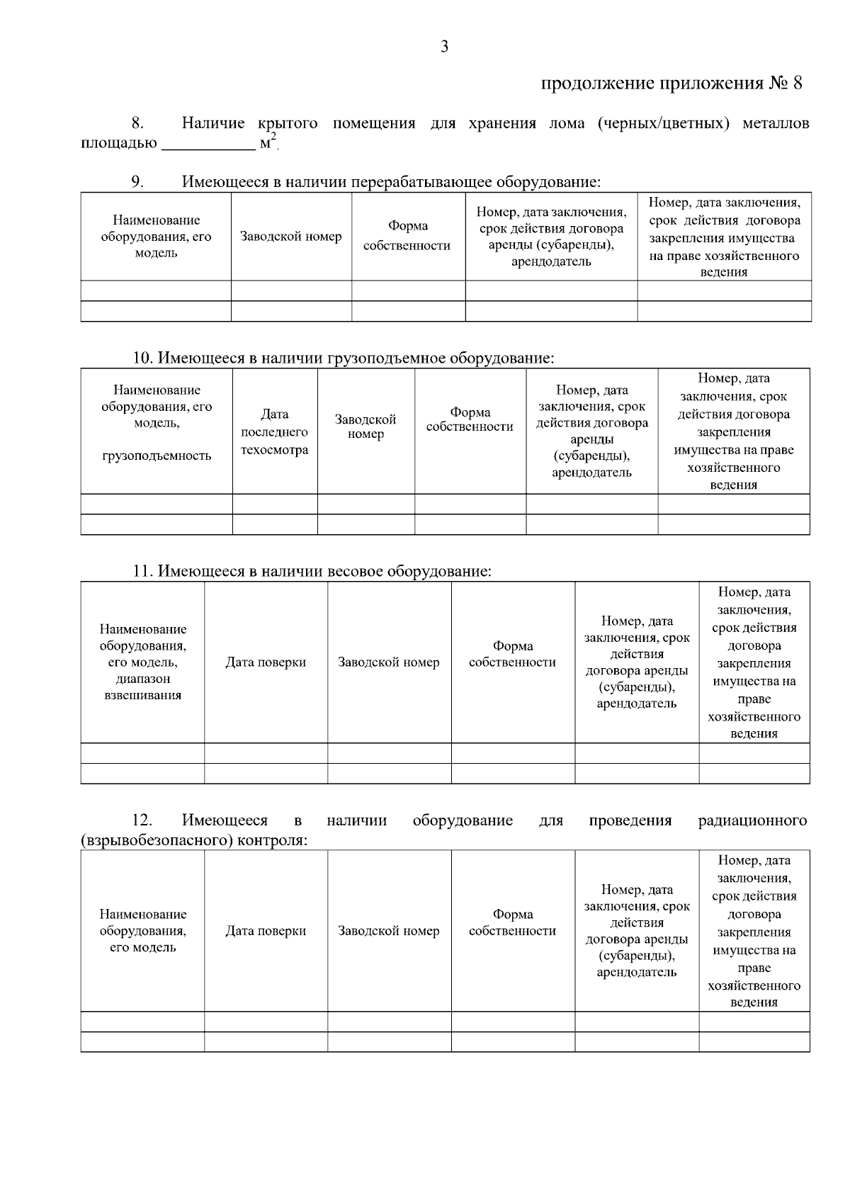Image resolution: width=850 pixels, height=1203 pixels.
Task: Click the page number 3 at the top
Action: coord(444,47)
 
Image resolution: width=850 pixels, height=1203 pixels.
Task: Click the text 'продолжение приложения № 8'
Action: coord(671,84)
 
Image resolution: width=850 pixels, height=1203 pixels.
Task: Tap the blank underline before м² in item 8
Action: coord(208,145)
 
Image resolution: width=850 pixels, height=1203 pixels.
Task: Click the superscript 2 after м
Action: coord(274,137)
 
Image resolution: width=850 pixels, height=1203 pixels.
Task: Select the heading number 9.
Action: coord(137,181)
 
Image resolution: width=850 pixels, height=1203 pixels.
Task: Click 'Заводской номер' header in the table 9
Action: coord(290,237)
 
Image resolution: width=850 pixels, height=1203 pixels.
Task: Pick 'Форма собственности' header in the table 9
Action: coord(407,236)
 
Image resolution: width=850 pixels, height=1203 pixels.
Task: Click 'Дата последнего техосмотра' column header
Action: coord(274,431)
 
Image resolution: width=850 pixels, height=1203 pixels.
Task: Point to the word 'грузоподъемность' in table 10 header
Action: coord(157,456)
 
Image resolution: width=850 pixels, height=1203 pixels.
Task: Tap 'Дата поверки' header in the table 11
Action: coord(266,662)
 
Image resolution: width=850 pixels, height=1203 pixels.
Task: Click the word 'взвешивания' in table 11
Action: coord(142,695)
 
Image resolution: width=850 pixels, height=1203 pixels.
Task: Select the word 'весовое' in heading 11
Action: coord(356,571)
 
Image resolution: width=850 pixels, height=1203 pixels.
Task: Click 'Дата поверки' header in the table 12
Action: coord(266,931)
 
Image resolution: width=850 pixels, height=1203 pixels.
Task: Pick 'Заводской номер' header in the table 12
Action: coord(388,931)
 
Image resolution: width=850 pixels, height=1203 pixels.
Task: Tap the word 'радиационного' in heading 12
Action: coord(752,820)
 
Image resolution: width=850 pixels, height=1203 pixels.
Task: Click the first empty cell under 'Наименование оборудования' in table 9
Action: coord(156,291)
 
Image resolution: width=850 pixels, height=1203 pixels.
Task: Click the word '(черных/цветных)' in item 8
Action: coord(663,123)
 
